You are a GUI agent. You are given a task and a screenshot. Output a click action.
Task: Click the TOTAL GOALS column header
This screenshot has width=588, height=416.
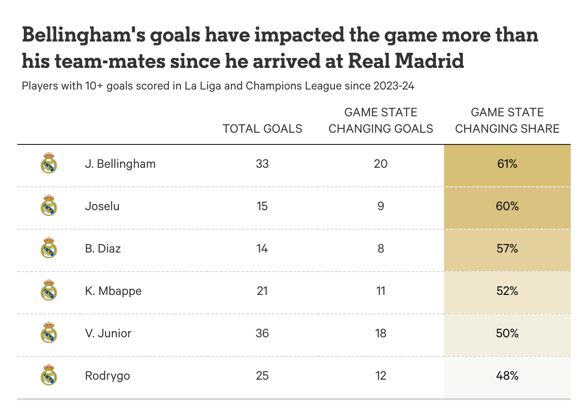tap(262, 129)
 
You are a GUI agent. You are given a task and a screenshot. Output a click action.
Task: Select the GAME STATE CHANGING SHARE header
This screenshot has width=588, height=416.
tap(507, 121)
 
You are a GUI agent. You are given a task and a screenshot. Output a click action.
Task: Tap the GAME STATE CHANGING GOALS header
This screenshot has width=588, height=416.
tap(380, 121)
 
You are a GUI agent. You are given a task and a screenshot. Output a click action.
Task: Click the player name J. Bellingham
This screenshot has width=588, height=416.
tap(120, 164)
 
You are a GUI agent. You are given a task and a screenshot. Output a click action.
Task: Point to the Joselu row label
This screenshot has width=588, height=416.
tap(102, 206)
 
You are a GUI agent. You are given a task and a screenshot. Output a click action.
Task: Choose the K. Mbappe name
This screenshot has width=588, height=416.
tap(113, 291)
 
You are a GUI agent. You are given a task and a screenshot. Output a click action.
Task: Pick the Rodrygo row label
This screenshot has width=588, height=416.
tap(107, 376)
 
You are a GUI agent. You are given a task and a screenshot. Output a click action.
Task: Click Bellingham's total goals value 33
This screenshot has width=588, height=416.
tap(262, 164)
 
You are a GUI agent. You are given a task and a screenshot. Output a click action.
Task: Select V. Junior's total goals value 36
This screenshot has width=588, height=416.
tap(262, 333)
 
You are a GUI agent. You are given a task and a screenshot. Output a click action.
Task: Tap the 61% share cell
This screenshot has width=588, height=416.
tap(507, 164)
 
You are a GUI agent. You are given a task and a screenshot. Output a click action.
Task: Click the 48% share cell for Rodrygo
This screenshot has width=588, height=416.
tap(507, 376)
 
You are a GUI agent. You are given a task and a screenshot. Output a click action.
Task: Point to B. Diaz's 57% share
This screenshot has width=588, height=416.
tap(507, 249)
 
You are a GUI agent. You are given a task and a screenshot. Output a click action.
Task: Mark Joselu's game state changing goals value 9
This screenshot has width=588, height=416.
tap(380, 206)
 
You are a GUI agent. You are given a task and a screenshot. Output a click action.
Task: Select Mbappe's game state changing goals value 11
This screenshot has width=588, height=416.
tap(380, 291)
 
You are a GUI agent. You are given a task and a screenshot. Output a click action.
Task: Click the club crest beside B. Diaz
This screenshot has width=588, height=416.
tap(49, 248)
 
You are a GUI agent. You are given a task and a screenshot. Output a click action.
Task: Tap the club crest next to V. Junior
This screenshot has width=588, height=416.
tap(49, 333)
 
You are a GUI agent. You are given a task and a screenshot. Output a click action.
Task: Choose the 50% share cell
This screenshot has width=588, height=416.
tap(507, 333)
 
